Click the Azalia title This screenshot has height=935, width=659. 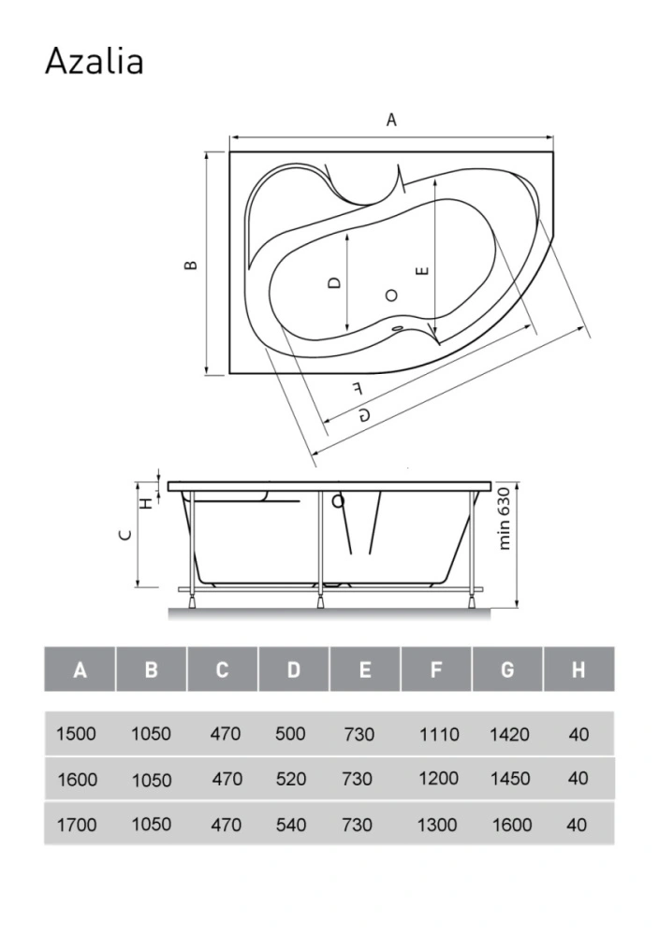coord(95,62)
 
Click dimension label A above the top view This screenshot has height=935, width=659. coord(391,121)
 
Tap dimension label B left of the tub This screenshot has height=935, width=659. coord(191,265)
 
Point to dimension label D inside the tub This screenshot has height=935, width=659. coord(335,281)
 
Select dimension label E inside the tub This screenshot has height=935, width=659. coord(422,271)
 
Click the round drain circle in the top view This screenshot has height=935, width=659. coord(391,295)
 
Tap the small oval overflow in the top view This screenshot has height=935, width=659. coord(396,327)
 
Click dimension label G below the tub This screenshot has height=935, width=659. coord(364,414)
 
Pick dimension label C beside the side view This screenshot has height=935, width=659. coord(125,534)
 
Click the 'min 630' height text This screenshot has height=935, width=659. coord(505,518)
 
